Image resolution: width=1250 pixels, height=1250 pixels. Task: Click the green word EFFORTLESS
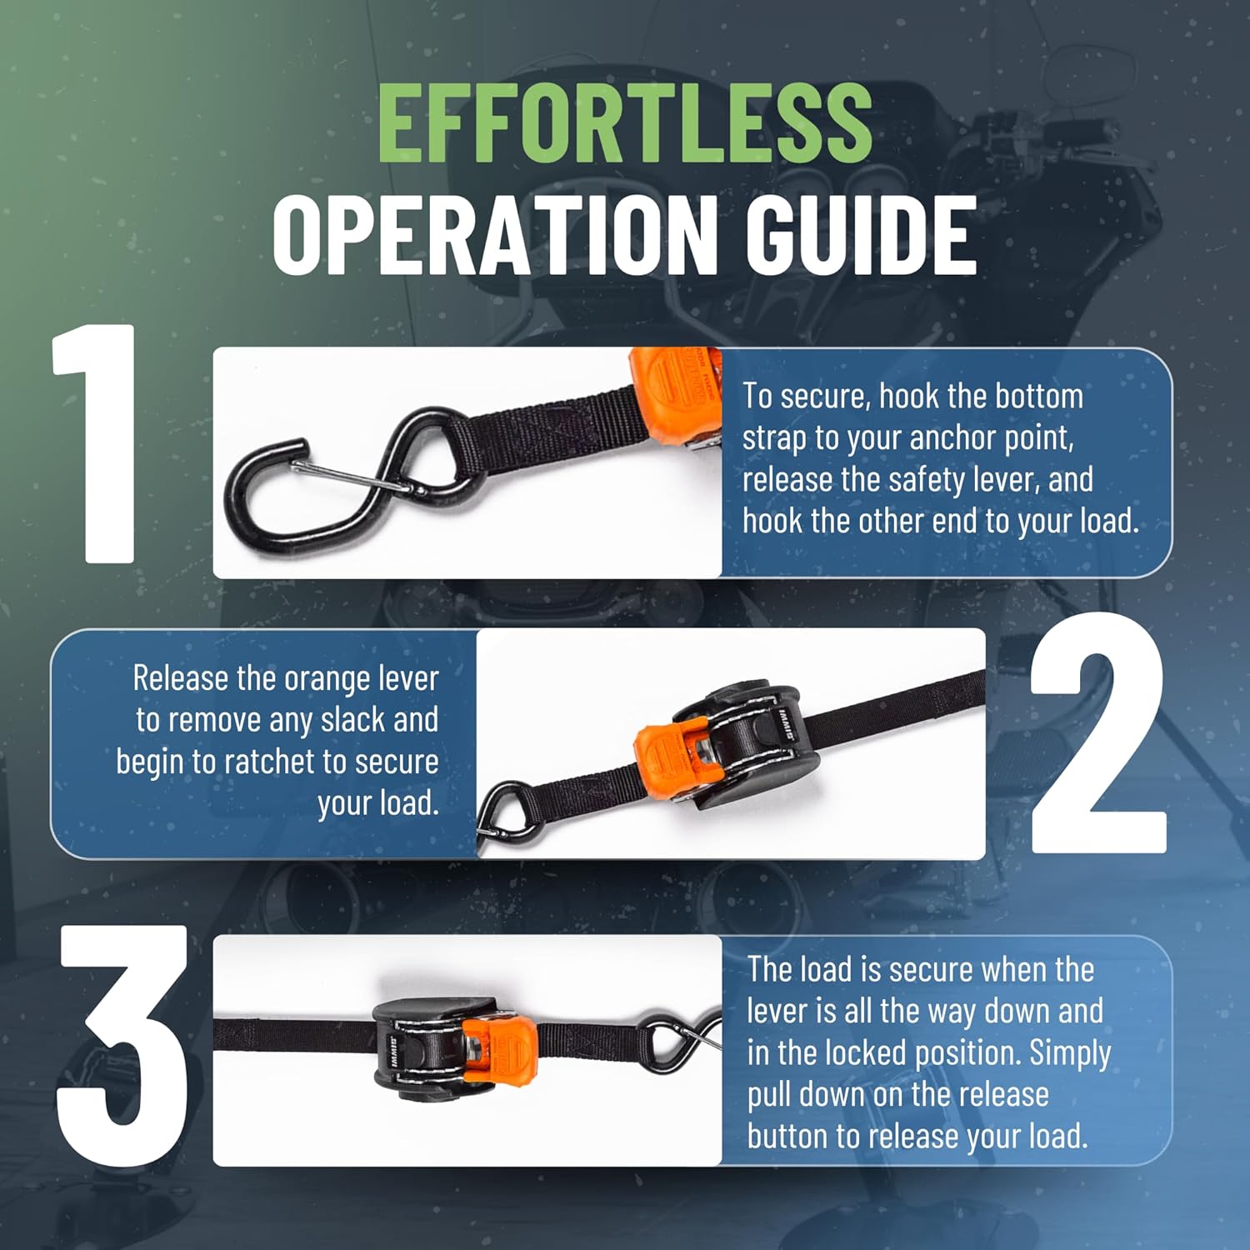[x=624, y=125]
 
